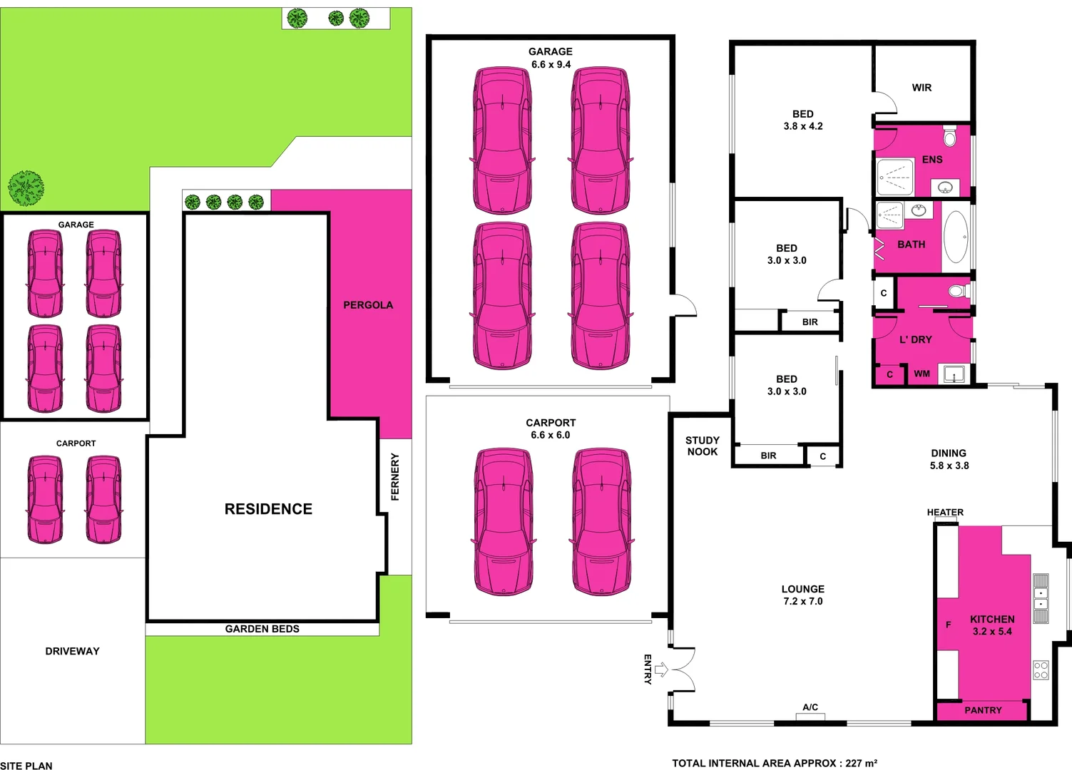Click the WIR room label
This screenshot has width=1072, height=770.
click(x=922, y=88)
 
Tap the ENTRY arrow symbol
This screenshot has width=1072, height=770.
click(x=661, y=669)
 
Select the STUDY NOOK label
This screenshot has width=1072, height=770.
click(x=703, y=446)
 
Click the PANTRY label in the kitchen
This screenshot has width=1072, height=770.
click(x=983, y=710)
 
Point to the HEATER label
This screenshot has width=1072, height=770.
click(x=945, y=512)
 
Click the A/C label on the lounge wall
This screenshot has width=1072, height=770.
click(x=810, y=707)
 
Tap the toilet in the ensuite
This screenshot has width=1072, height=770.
click(x=949, y=135)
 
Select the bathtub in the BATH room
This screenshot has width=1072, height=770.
click(x=956, y=237)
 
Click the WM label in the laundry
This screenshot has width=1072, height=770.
click(x=922, y=374)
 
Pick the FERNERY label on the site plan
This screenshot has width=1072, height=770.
click(x=395, y=477)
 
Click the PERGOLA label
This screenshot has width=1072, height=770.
click(x=368, y=305)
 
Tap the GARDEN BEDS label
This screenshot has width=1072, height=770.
click(x=262, y=629)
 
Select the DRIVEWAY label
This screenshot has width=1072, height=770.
click(x=72, y=651)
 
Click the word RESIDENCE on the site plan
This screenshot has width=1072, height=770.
click(x=268, y=509)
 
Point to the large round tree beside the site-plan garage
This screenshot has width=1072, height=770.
click(x=26, y=188)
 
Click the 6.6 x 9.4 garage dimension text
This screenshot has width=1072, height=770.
click(x=551, y=64)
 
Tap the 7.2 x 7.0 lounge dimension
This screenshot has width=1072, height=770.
click(x=802, y=601)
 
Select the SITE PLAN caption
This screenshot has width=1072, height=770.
click(x=26, y=765)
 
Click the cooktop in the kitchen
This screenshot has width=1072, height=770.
click(x=1041, y=669)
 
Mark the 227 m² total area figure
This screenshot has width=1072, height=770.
click(x=861, y=763)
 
